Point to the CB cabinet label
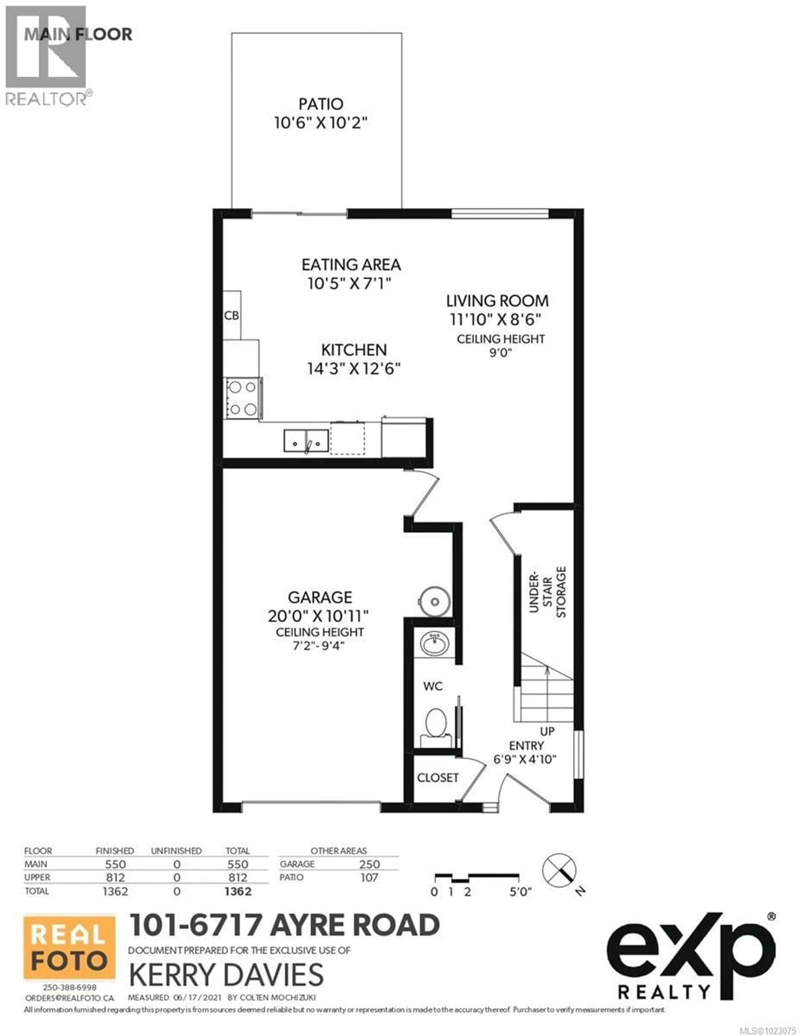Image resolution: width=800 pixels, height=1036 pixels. point(231,316)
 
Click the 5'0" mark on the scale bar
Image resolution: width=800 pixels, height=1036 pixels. point(520,892)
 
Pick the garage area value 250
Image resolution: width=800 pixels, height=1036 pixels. point(369,864)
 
